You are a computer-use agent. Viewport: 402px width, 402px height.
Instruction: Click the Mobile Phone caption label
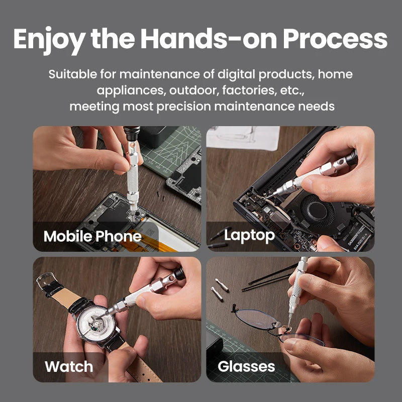(92, 236)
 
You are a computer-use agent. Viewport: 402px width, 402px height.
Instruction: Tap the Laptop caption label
(249, 235)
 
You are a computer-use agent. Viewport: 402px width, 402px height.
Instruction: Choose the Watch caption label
(69, 366)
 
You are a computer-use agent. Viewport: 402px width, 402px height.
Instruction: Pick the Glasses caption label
(246, 366)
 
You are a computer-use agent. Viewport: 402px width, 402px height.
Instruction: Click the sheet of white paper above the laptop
(243, 137)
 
